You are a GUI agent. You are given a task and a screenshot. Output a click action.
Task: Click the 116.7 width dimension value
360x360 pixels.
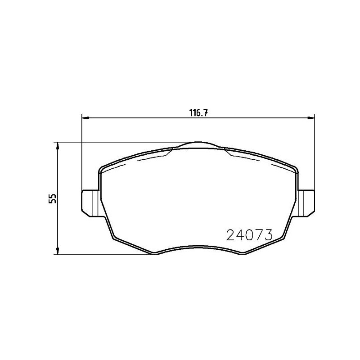[x=198, y=113]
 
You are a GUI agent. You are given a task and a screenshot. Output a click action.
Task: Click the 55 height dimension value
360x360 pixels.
[x=53, y=198]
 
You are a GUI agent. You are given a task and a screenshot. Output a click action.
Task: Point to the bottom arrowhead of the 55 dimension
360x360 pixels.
[x=57, y=251]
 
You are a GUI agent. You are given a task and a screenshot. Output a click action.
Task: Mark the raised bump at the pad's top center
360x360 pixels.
[x=198, y=144]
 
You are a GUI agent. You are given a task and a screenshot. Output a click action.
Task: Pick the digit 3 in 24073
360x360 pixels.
[x=269, y=235]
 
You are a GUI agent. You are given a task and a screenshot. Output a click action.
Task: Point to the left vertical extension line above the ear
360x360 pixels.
[x=81, y=153]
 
